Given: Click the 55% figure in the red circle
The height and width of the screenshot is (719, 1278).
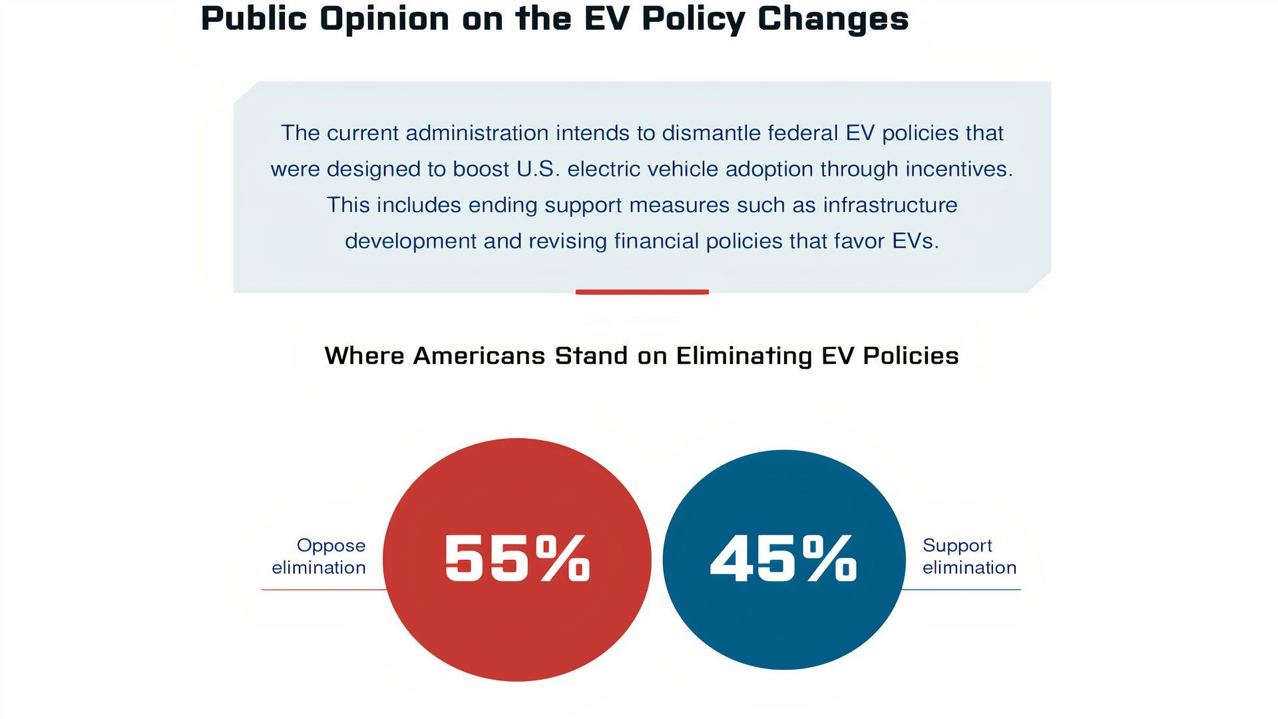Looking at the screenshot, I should pyautogui.click(x=517, y=559).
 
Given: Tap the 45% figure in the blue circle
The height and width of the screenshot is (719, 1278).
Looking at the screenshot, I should pyautogui.click(x=783, y=559).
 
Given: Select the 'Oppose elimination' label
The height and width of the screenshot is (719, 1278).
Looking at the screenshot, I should pyautogui.click(x=319, y=556).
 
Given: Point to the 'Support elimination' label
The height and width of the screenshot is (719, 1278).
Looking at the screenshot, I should pyautogui.click(x=968, y=556).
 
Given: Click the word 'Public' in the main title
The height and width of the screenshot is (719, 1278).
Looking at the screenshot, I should pyautogui.click(x=254, y=19).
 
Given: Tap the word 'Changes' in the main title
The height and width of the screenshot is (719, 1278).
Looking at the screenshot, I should pyautogui.click(x=833, y=19).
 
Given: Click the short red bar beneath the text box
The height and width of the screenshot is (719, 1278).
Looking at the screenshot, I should pyautogui.click(x=642, y=292).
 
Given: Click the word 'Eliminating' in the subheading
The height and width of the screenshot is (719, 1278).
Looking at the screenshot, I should pyautogui.click(x=744, y=356).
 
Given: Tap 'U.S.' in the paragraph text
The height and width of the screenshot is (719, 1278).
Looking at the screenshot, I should pyautogui.click(x=538, y=169).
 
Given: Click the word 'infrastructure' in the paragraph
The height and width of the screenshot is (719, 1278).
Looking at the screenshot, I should pyautogui.click(x=890, y=205).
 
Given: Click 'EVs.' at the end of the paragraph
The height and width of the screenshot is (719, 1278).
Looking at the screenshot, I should pyautogui.click(x=915, y=241).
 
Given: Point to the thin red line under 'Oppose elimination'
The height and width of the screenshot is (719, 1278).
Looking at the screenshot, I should pyautogui.click(x=323, y=590).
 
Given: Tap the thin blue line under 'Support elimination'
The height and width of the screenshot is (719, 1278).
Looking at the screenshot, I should pyautogui.click(x=962, y=590).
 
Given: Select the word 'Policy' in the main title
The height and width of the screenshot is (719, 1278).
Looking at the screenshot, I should pyautogui.click(x=693, y=19).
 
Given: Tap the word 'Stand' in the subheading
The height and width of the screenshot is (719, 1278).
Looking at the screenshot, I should pyautogui.click(x=591, y=356).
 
